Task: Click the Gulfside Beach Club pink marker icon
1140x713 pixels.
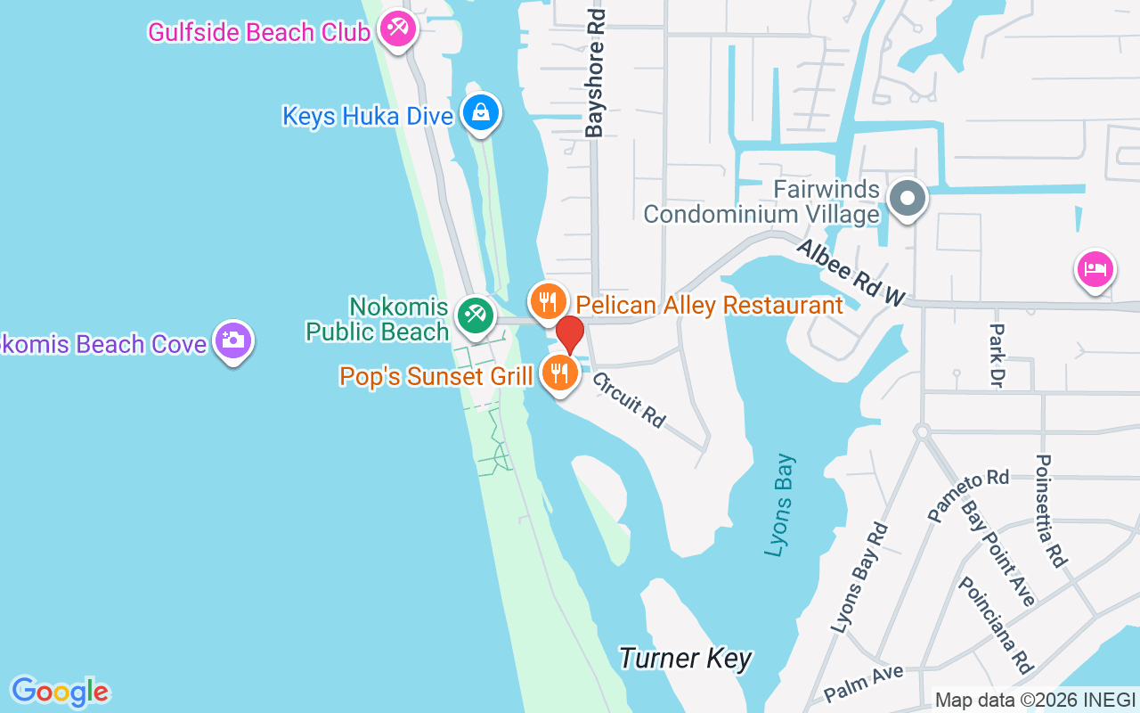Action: [x=396, y=29]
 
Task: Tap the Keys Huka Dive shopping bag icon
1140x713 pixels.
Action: [x=481, y=113]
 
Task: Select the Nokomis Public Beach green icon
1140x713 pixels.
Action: [x=476, y=316]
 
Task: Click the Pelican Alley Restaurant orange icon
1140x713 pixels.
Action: [x=549, y=301]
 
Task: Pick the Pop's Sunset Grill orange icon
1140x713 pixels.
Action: [x=559, y=373]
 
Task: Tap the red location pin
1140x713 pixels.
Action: [x=570, y=335]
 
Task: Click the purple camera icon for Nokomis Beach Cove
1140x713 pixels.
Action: [x=233, y=340]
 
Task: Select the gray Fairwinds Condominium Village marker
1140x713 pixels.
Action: [x=908, y=199]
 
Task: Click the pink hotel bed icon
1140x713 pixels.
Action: [x=1095, y=268]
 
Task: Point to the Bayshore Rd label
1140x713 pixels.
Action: [x=595, y=73]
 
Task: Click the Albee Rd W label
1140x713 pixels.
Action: [x=851, y=273]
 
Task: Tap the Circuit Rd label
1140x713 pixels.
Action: [x=630, y=398]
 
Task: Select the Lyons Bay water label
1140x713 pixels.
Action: [x=780, y=506]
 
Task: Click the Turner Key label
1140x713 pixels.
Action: [x=685, y=659]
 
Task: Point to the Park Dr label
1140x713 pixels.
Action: [x=996, y=355]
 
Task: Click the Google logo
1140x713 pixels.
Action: [x=60, y=691]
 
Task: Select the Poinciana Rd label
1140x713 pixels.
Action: [x=996, y=624]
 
